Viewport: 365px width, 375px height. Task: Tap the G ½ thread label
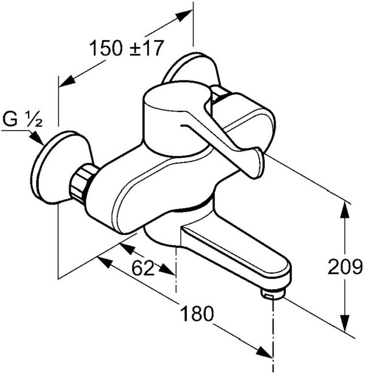[x=21, y=119]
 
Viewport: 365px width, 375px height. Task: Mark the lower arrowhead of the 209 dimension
[x=345, y=323]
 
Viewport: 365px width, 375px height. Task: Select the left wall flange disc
[x=58, y=167]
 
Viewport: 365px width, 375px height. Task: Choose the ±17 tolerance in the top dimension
[x=148, y=47]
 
